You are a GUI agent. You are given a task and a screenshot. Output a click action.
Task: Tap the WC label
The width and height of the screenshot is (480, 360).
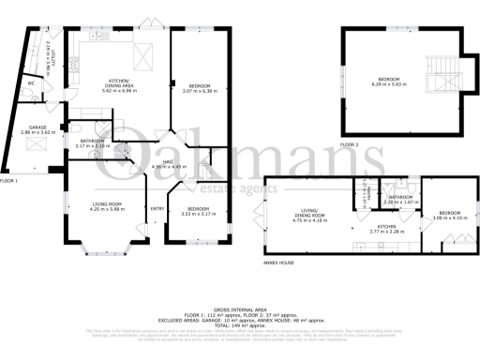[32, 82]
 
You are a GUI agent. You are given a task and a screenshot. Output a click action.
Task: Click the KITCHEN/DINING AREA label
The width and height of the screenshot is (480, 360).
[119, 83]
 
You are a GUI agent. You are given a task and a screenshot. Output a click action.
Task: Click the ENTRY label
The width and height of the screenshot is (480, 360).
[157, 209]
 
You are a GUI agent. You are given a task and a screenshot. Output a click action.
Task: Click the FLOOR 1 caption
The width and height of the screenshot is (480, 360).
[10, 180]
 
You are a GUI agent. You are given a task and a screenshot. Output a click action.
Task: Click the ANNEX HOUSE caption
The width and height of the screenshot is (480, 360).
[279, 263]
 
